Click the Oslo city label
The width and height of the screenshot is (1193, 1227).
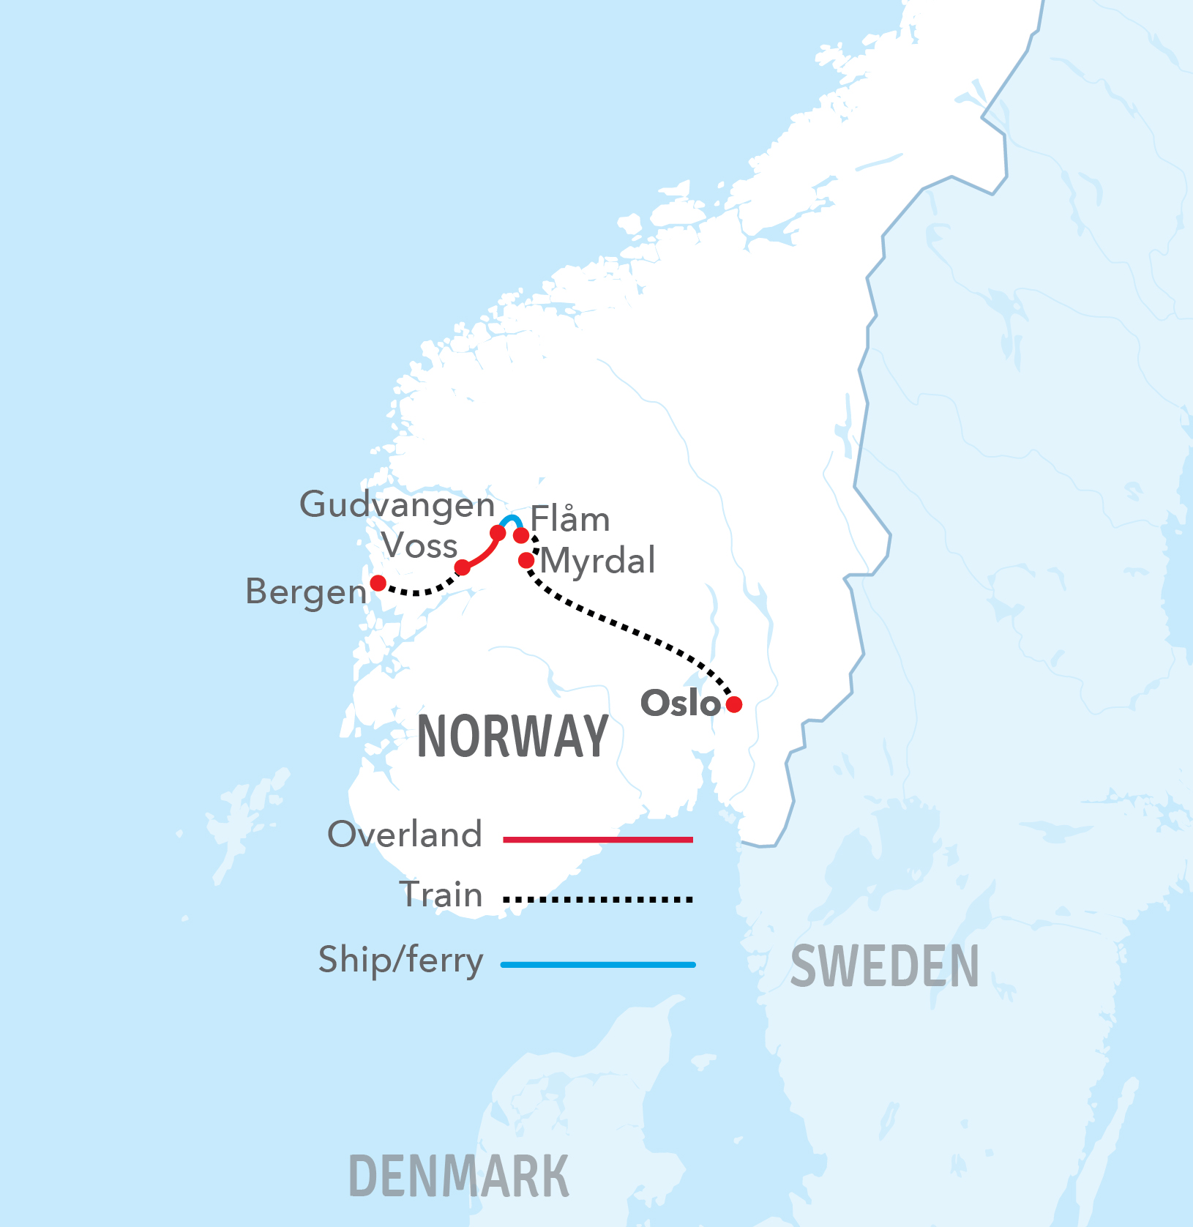point(680,703)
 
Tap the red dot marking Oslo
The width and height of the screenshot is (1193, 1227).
point(734,704)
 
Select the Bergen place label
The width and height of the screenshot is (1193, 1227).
point(306,592)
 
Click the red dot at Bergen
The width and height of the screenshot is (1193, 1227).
point(378,583)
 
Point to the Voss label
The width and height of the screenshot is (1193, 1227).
point(419,546)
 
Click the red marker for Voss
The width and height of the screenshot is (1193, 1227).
point(463,567)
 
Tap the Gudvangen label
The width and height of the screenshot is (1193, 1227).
point(397,505)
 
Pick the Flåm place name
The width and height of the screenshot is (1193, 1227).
point(570,520)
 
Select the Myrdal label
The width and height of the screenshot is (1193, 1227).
point(598,562)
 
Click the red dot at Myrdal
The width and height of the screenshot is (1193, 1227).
point(526,561)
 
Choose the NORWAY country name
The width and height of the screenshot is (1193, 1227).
point(512,736)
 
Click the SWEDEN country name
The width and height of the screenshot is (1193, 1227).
point(884,966)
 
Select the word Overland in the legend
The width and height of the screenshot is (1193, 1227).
point(405,835)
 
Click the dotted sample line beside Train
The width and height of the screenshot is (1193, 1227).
point(598,899)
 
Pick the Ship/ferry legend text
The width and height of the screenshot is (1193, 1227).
point(400,961)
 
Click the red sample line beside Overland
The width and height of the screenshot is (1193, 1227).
point(598,840)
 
